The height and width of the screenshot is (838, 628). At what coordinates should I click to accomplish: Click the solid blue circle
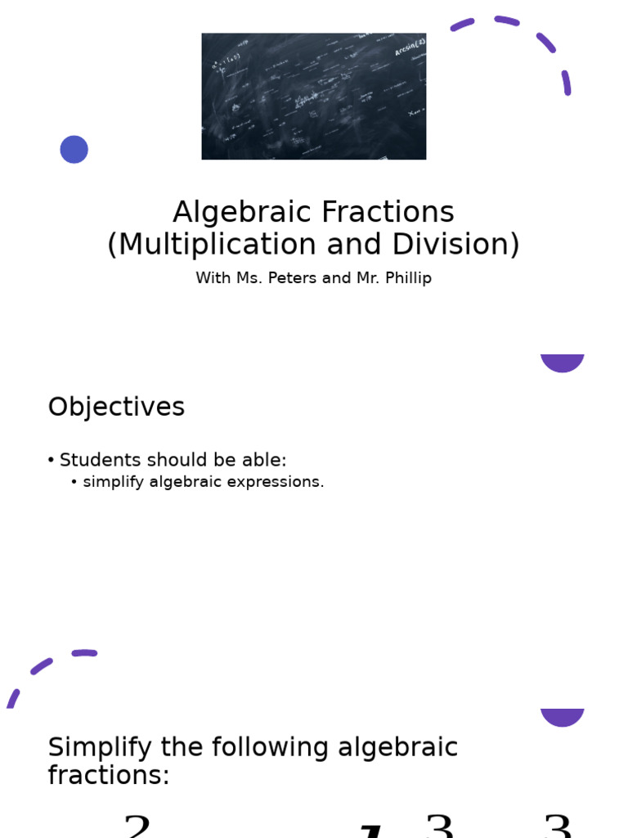74,150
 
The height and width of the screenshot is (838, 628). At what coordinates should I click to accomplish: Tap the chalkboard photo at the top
313,96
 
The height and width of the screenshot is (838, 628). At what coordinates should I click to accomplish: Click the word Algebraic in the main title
242,213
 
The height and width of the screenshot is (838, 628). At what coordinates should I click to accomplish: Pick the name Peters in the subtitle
293,278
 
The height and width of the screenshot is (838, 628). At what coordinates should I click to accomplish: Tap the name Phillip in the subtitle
405,278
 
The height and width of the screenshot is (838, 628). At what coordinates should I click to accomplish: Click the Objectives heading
116,408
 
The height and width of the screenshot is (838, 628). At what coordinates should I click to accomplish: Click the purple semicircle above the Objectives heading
563,363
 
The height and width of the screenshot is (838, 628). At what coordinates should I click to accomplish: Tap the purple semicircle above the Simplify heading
563,717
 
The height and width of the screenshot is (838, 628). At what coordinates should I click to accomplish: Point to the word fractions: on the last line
109,776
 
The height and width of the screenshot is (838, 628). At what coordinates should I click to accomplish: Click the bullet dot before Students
51,461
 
